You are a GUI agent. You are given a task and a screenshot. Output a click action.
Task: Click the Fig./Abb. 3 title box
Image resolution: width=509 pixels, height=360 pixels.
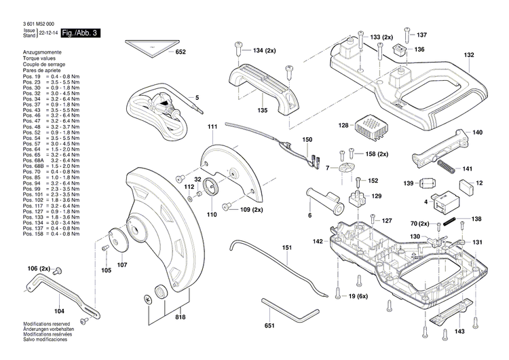pos(80,33)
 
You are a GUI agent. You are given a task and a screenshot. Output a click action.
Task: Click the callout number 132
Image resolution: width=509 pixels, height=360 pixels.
pos(469,55)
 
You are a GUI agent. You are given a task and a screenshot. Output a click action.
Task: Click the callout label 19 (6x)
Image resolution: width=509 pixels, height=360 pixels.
pos(358,297)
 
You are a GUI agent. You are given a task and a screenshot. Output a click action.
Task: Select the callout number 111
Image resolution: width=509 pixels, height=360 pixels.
pos(212,127)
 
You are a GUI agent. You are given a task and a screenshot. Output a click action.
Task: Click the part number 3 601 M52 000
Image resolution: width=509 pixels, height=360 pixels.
pos(33,23)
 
